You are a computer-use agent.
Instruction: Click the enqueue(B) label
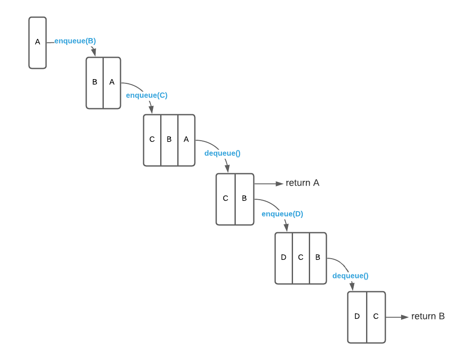click(75, 41)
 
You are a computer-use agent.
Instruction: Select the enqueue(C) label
click(147, 95)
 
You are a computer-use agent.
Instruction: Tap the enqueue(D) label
click(282, 214)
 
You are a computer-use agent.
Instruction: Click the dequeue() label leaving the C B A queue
click(223, 153)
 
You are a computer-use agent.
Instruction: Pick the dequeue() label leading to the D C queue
click(350, 276)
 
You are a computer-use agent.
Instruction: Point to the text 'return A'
click(302, 183)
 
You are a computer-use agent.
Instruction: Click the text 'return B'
click(428, 316)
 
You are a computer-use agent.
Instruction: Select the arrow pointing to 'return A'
click(269, 184)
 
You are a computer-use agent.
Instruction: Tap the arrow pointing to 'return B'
click(398, 317)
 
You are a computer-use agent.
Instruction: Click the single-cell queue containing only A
click(38, 42)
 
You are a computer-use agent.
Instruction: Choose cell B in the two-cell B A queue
click(95, 83)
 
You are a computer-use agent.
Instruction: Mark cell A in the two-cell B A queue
click(112, 83)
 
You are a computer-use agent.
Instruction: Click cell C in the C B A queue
click(152, 140)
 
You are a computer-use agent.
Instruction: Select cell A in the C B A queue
click(186, 140)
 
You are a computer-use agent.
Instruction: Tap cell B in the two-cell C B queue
click(244, 199)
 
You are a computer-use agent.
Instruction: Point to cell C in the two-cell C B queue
click(226, 199)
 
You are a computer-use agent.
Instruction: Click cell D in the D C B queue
click(284, 258)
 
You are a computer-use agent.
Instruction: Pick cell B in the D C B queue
click(318, 258)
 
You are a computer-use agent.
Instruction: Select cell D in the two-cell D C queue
click(357, 317)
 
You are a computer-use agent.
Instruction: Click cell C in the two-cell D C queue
click(376, 317)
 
